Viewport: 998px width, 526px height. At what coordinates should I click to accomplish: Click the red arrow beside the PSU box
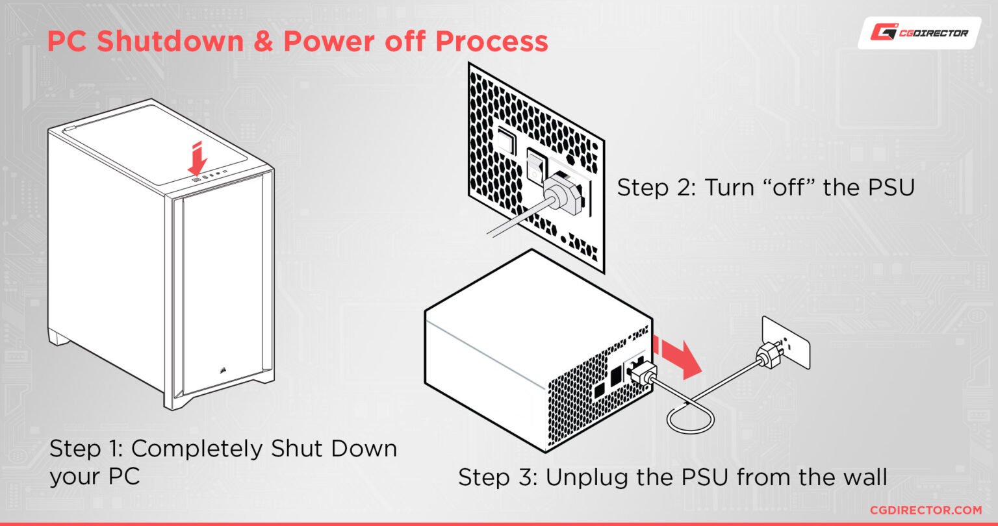coord(680,358)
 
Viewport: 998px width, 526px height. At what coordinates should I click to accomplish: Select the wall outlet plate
coord(786,342)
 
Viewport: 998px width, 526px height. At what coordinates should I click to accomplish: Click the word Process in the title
coord(491,41)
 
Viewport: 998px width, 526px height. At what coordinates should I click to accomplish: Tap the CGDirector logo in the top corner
coord(919,32)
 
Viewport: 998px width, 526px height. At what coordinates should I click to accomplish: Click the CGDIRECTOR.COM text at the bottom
coord(925,510)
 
